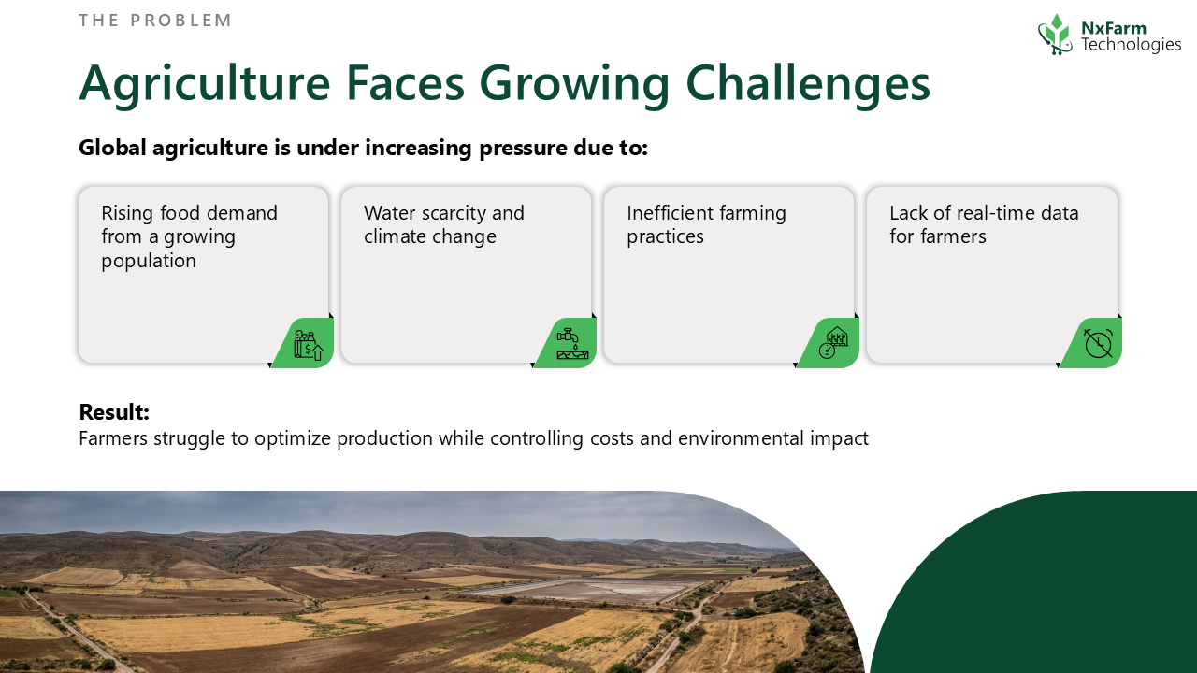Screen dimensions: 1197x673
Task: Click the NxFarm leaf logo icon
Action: [1056, 35]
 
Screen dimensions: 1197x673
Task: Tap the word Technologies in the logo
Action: [1131, 45]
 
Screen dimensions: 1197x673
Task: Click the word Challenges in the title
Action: [808, 84]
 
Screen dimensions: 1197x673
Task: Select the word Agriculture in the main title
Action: [205, 84]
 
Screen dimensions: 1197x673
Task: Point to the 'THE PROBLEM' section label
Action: [155, 21]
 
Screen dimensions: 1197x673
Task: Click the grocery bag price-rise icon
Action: [309, 345]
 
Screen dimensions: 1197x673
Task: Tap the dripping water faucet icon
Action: [571, 343]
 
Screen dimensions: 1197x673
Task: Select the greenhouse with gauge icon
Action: [833, 342]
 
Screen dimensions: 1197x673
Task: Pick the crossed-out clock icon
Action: [1098, 343]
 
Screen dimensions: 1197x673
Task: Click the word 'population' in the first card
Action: [149, 261]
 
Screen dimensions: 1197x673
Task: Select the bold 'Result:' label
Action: [114, 412]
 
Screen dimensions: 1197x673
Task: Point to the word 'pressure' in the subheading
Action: [522, 149]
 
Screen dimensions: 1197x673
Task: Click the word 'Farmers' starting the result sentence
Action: [113, 438]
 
